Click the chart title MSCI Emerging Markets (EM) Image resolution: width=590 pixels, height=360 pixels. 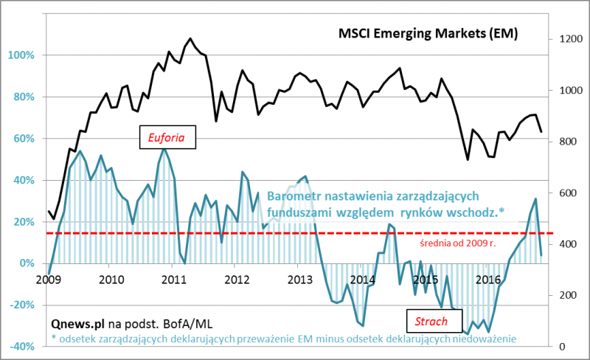(x=427, y=34)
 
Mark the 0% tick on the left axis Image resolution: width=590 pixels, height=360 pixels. (x=26, y=263)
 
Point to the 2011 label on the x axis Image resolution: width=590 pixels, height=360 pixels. (x=174, y=280)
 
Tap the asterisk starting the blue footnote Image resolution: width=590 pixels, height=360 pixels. (x=54, y=338)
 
